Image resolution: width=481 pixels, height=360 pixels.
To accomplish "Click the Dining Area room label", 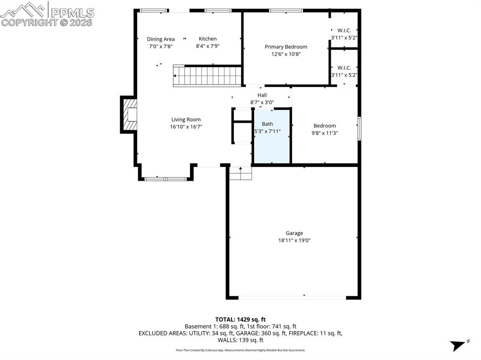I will click(x=161, y=39).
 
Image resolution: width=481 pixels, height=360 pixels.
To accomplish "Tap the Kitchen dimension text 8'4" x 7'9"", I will click(x=208, y=46).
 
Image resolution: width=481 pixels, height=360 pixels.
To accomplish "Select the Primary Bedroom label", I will click(x=286, y=46).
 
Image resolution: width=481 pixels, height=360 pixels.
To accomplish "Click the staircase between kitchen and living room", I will click(x=207, y=76).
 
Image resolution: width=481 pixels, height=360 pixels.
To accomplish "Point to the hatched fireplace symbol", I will click(x=130, y=115).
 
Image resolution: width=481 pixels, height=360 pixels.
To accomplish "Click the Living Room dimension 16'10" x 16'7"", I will click(x=186, y=127).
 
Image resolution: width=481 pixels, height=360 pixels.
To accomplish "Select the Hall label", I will click(x=262, y=95).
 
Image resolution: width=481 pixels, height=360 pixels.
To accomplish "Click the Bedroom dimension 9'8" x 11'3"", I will click(x=325, y=133).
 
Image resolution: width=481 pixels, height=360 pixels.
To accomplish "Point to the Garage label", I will click(x=294, y=233).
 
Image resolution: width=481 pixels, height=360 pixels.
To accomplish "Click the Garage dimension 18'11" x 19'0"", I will click(x=294, y=240).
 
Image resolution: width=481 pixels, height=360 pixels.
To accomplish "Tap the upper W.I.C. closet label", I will click(x=344, y=31).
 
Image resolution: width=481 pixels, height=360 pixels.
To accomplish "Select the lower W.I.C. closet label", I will click(x=344, y=68).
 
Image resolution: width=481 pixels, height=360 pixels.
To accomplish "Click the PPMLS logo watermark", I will click(x=47, y=14).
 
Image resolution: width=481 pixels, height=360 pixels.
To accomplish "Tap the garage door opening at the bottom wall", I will click(x=292, y=297).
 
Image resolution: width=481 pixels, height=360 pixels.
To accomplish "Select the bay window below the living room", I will click(x=165, y=179).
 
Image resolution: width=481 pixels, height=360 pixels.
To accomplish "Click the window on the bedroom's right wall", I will click(x=359, y=129).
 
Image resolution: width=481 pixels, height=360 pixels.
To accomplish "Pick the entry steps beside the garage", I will click(x=240, y=174).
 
